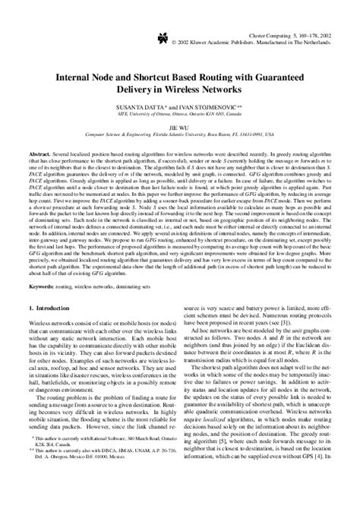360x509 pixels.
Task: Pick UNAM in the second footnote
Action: tap(153, 492)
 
